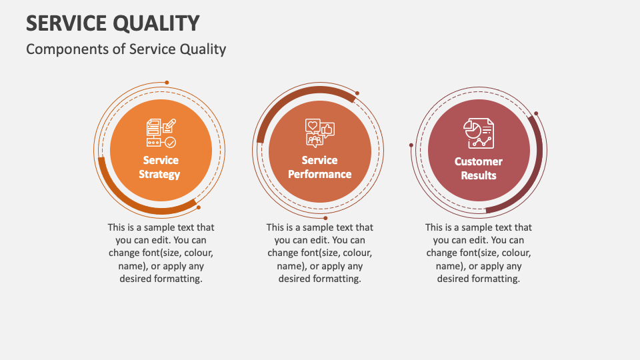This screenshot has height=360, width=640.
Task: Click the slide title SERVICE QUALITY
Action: point(113,23)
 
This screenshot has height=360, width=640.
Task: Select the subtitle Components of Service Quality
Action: point(126,49)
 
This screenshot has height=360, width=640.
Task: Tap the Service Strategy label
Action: point(160,167)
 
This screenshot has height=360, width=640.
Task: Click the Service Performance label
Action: point(319,167)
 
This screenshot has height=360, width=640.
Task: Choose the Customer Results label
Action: point(478,169)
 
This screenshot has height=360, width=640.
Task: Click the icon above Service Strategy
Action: point(161,133)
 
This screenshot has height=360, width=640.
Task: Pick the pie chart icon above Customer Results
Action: point(478,133)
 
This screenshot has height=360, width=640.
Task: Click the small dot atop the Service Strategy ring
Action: point(167,83)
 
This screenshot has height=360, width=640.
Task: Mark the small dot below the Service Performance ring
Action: point(325,217)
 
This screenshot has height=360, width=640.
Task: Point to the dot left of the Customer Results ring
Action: point(411,145)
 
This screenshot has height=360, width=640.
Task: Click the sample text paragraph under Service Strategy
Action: point(161,253)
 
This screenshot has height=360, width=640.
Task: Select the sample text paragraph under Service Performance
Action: point(319,253)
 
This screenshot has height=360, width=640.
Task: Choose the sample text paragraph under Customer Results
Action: point(478,253)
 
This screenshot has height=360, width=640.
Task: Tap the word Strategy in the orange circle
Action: point(160,175)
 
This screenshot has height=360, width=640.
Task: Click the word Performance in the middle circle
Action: point(319,175)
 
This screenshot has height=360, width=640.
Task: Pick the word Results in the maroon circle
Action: point(478,176)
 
